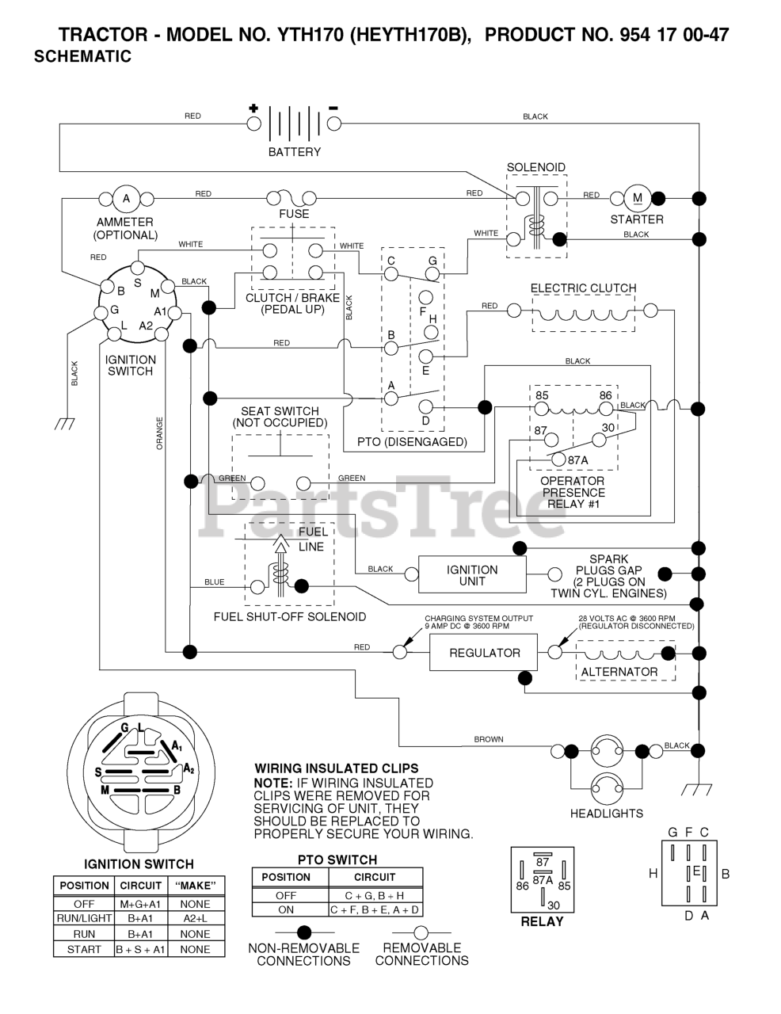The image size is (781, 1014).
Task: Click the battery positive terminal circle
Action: tap(253, 124)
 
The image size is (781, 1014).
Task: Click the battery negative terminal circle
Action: tap(334, 124)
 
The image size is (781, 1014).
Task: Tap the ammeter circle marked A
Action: tap(126, 199)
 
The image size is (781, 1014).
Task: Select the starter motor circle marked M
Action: tap(638, 198)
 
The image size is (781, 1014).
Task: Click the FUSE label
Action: tap(294, 214)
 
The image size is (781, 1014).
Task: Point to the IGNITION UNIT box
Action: tap(472, 574)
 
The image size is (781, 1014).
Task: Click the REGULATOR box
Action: tap(483, 652)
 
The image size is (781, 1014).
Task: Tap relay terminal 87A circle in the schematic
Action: tap(559, 459)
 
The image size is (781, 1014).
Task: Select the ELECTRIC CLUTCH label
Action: tap(583, 288)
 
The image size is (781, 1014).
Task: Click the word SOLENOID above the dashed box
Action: tap(536, 167)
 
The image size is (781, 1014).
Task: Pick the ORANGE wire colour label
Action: tap(159, 433)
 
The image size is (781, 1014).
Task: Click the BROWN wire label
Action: tap(489, 739)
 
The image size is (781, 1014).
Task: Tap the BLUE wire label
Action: tap(214, 582)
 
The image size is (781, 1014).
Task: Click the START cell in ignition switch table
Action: tap(84, 949)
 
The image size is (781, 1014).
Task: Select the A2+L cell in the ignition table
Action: tap(196, 918)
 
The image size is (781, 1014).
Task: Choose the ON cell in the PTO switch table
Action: tap(286, 909)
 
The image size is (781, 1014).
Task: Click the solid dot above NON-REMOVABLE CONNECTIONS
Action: tap(304, 932)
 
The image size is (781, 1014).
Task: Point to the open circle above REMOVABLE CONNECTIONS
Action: tap(421, 932)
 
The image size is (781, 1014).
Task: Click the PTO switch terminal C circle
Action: tap(391, 273)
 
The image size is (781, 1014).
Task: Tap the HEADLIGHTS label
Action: tap(607, 814)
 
